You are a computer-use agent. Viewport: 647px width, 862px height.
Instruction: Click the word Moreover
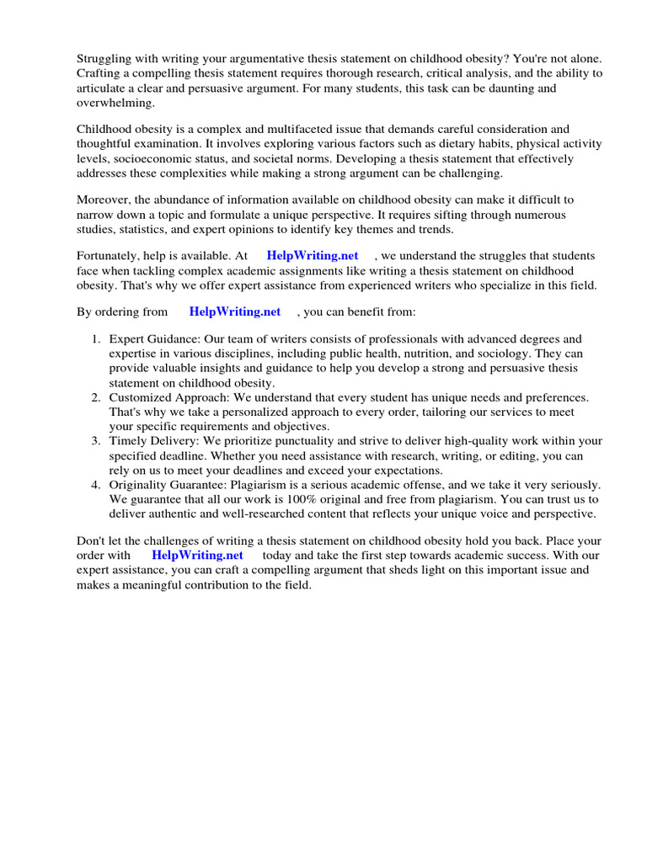[x=104, y=200]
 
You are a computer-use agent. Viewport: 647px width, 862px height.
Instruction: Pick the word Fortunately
[x=111, y=256]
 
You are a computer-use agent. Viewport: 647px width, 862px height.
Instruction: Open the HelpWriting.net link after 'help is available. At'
[x=312, y=256]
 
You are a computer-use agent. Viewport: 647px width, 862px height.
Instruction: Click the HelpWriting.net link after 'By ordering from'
[x=234, y=311]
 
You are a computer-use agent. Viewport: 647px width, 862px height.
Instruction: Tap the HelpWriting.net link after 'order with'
[x=197, y=556]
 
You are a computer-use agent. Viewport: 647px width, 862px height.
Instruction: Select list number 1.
[x=96, y=339]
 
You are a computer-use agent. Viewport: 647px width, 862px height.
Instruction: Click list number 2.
[x=96, y=396]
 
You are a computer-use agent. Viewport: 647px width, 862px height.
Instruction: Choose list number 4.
[x=96, y=485]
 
